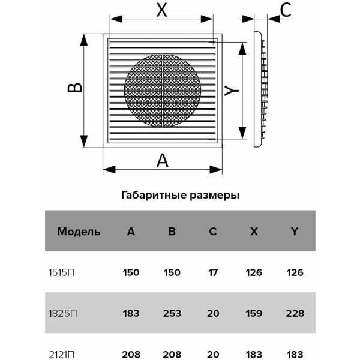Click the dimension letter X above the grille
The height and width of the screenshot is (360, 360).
point(161,10)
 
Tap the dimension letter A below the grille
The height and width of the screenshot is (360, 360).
point(163,160)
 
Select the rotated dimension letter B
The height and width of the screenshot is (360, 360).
point(75,88)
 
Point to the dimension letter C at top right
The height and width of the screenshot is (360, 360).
point(286,10)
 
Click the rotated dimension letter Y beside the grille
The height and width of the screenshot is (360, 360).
point(232,90)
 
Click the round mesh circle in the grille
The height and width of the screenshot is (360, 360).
point(163,91)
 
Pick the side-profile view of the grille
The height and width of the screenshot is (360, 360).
point(261,89)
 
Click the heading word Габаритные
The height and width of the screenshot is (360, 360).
point(154,196)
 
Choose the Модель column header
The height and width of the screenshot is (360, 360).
point(79,232)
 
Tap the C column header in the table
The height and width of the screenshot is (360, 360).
point(213,231)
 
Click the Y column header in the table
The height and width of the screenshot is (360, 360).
point(295,231)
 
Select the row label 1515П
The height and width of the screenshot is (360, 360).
point(61,273)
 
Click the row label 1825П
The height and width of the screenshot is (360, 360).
point(62,313)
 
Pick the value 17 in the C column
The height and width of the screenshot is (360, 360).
point(213,272)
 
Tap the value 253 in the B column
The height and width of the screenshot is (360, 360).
point(172,313)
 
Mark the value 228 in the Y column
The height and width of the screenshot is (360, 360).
point(295,313)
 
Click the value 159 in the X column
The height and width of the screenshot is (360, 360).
point(254,313)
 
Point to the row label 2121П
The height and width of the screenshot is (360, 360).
point(61,355)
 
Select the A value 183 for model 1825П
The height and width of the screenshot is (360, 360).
point(131,313)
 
